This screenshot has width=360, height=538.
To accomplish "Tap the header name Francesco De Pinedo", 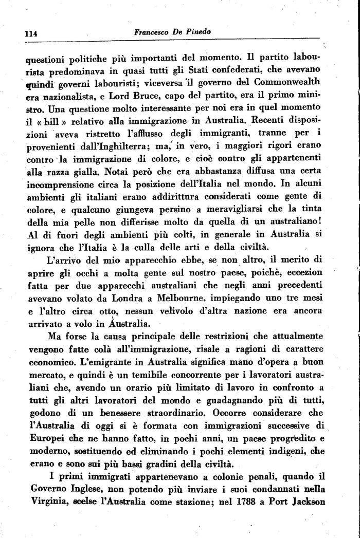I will click(x=172, y=31).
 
